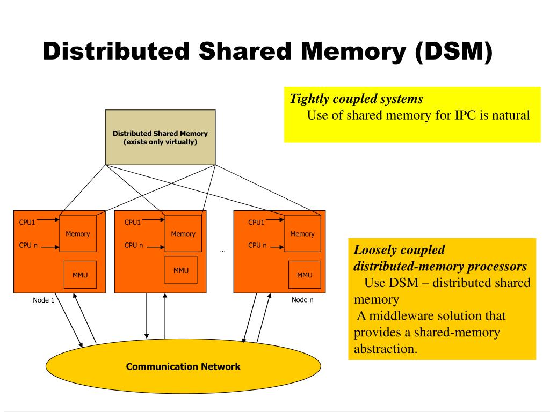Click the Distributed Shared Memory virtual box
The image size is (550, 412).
160,137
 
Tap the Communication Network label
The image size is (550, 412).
183,367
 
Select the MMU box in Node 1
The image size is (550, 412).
80,275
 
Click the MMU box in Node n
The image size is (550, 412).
305,275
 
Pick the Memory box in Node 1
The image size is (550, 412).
78,234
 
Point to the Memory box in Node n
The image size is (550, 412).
302,234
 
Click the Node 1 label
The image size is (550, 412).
44,300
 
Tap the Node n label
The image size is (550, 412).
302,300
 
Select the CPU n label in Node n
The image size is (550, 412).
257,246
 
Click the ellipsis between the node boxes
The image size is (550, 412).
222,251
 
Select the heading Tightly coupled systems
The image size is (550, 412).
356,99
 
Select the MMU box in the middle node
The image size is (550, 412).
180,271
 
